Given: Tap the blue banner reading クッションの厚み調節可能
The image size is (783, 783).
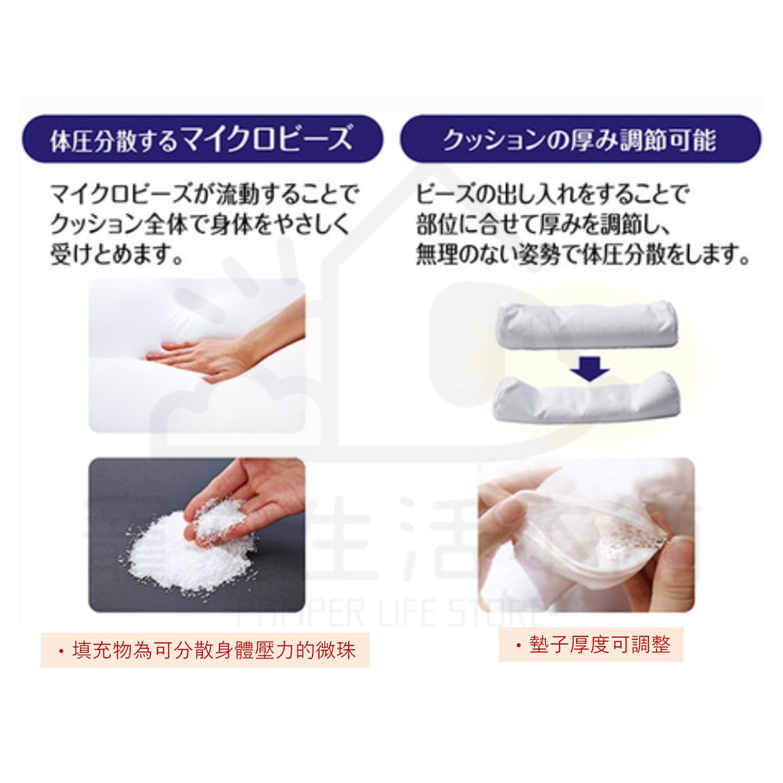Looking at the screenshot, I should (x=580, y=141).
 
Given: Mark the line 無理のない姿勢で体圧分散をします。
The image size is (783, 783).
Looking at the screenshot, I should (x=583, y=255).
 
